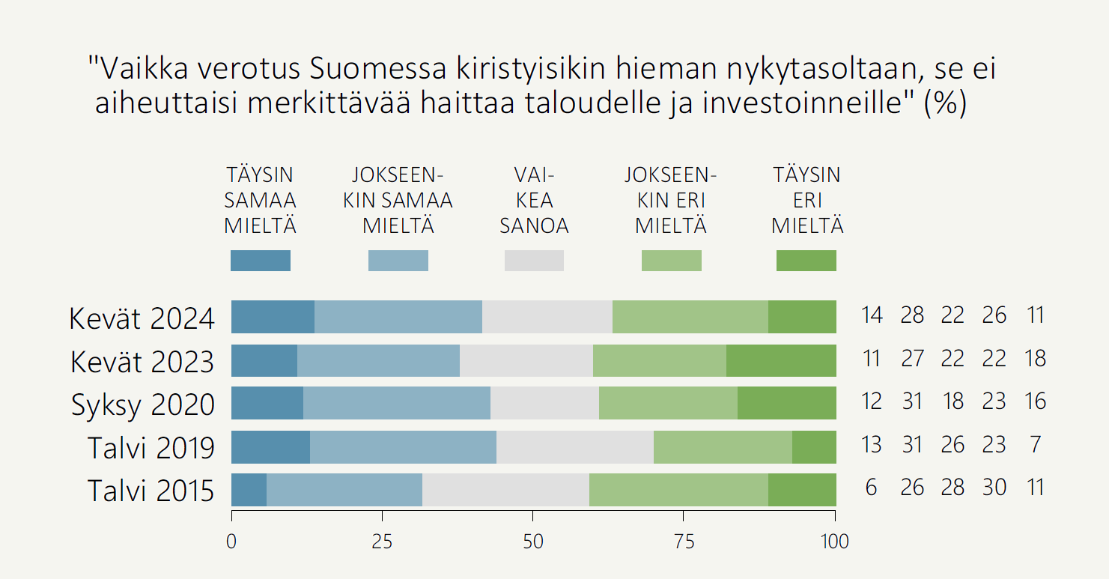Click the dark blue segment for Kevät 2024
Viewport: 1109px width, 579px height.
click(x=273, y=317)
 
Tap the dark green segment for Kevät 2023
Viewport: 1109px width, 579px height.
click(x=781, y=360)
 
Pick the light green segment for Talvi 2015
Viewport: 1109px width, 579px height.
click(x=678, y=490)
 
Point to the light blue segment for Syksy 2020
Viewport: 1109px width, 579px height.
click(x=397, y=403)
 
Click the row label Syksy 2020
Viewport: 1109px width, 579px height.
click(x=143, y=404)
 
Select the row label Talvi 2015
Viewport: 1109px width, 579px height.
click(x=151, y=491)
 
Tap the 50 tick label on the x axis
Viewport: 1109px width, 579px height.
click(x=533, y=542)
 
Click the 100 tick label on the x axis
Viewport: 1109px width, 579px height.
click(x=834, y=542)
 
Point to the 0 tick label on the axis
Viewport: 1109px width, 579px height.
click(x=231, y=542)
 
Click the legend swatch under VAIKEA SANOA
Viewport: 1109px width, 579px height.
click(x=534, y=261)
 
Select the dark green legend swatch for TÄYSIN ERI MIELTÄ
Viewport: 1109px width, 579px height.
click(x=806, y=261)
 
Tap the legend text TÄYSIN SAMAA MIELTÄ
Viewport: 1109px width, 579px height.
click(x=261, y=200)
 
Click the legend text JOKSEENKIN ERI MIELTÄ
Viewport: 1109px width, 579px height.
click(x=671, y=200)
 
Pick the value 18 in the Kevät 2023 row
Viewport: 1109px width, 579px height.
click(x=1035, y=358)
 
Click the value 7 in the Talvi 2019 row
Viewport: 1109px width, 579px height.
click(x=1035, y=445)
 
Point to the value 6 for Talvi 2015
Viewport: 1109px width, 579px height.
click(x=871, y=488)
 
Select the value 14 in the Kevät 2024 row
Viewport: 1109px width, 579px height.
click(x=871, y=315)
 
